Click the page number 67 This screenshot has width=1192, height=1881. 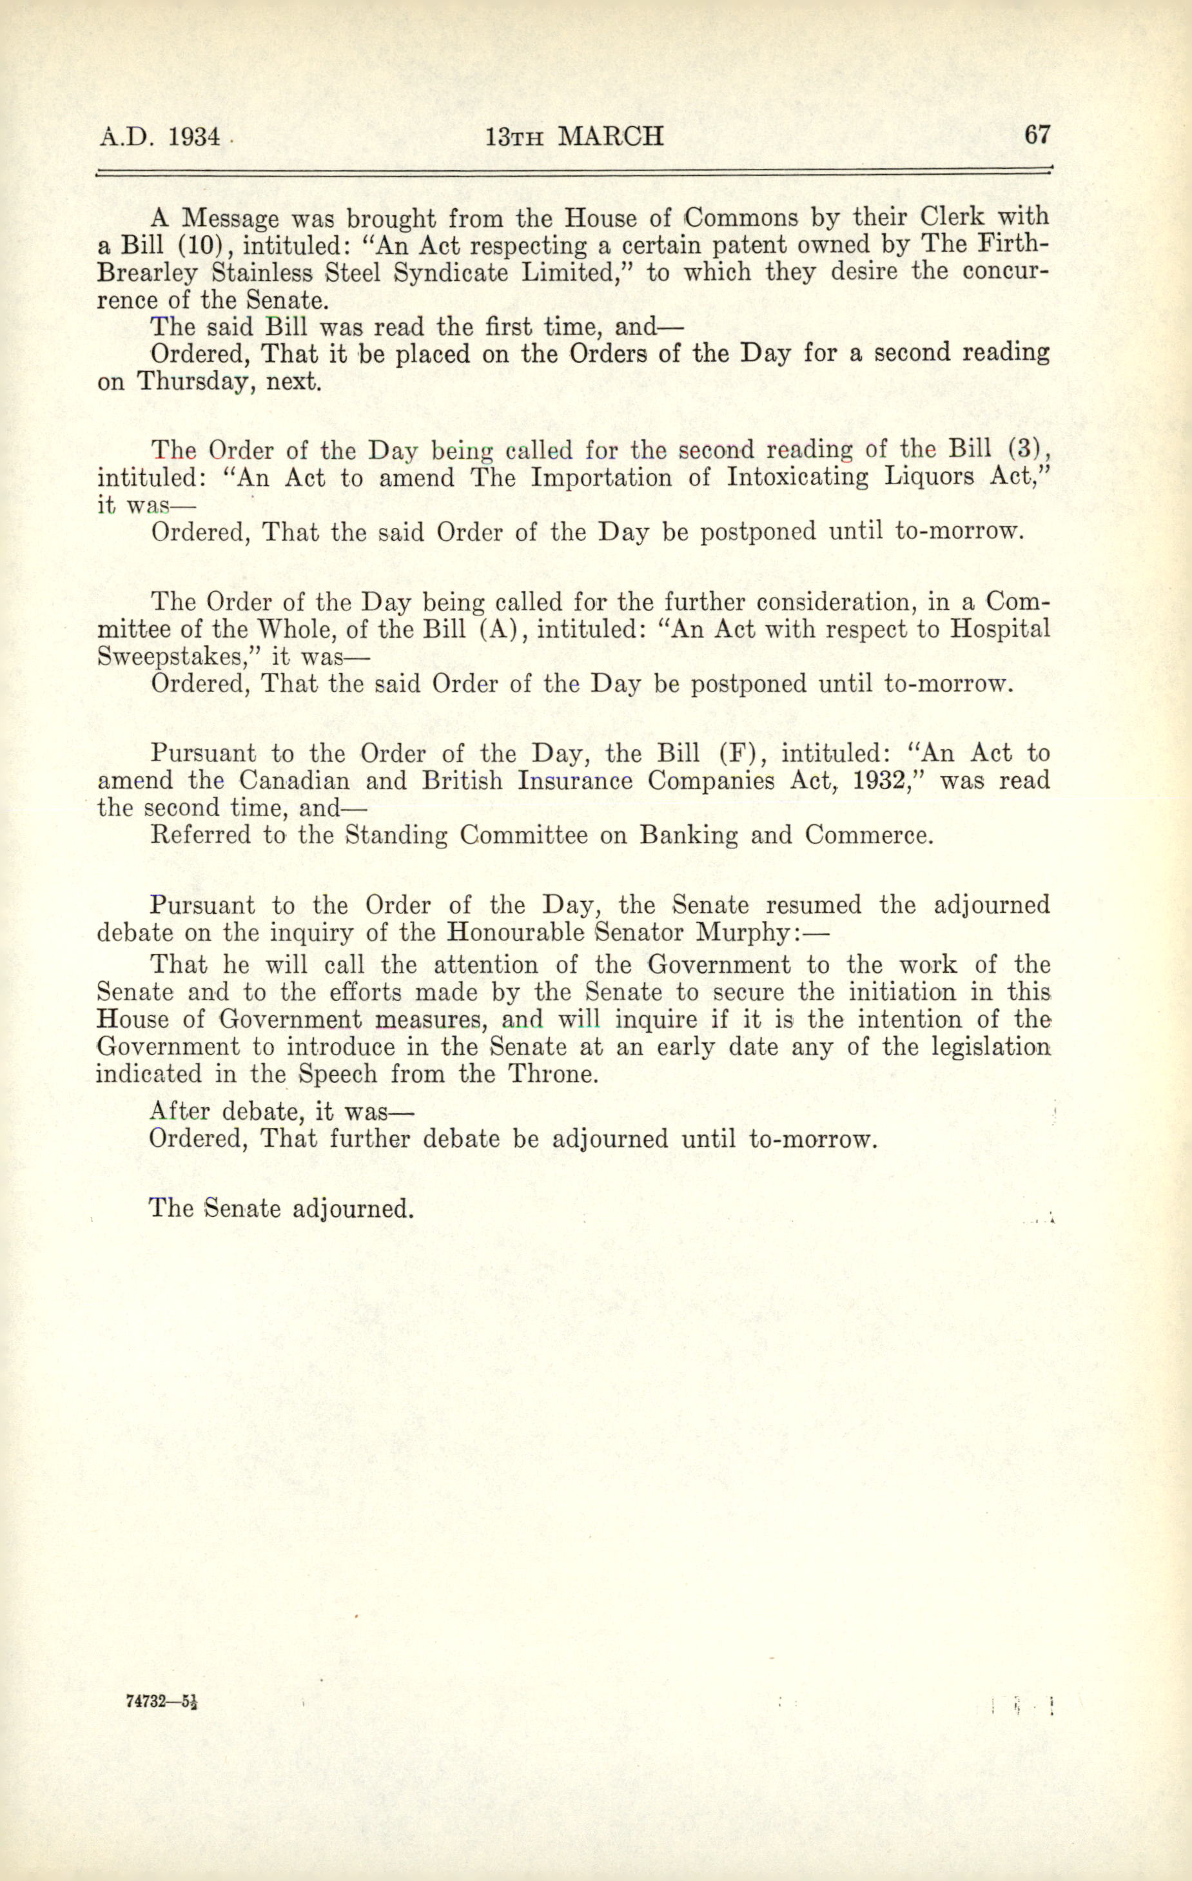pyautogui.click(x=1037, y=135)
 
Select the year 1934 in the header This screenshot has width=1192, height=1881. pyautogui.click(x=195, y=137)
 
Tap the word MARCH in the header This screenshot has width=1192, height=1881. pyautogui.click(x=612, y=137)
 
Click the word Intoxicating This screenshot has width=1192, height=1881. pyautogui.click(x=797, y=477)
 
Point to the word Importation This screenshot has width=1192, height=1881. pyautogui.click(x=600, y=477)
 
